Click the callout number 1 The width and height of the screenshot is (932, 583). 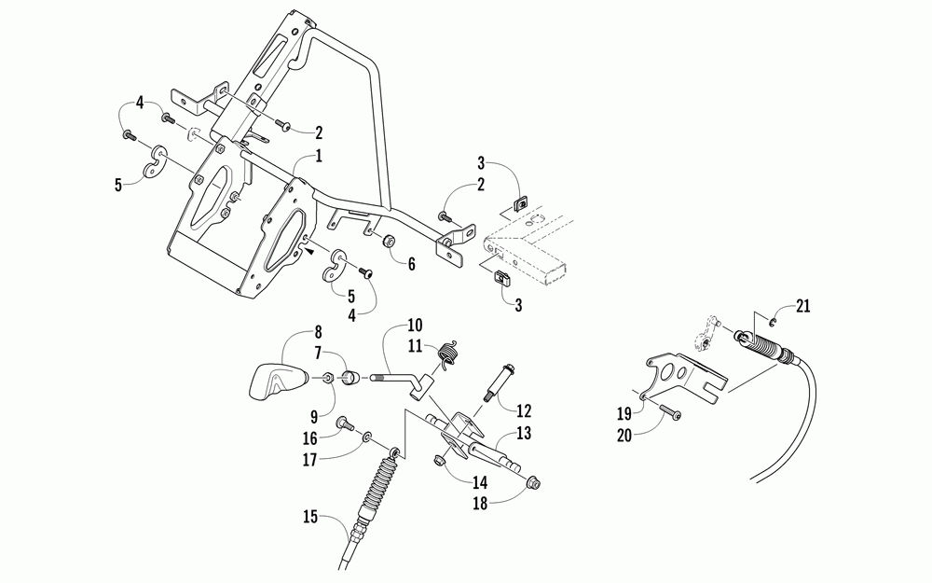click(x=319, y=157)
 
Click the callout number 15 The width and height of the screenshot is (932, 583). click(x=310, y=517)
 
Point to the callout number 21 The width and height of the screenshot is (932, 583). click(x=803, y=307)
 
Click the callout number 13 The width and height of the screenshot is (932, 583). click(x=523, y=433)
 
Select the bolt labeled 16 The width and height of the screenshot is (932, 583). click(x=346, y=424)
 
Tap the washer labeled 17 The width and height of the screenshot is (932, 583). click(x=368, y=438)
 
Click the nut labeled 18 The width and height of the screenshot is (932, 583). click(x=533, y=483)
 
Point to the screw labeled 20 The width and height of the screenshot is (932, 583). click(x=670, y=411)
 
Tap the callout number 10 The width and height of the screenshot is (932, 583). click(x=415, y=326)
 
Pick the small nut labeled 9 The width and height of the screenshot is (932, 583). click(x=327, y=379)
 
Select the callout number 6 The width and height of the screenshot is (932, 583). click(x=411, y=264)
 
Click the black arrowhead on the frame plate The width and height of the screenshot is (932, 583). click(x=309, y=252)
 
